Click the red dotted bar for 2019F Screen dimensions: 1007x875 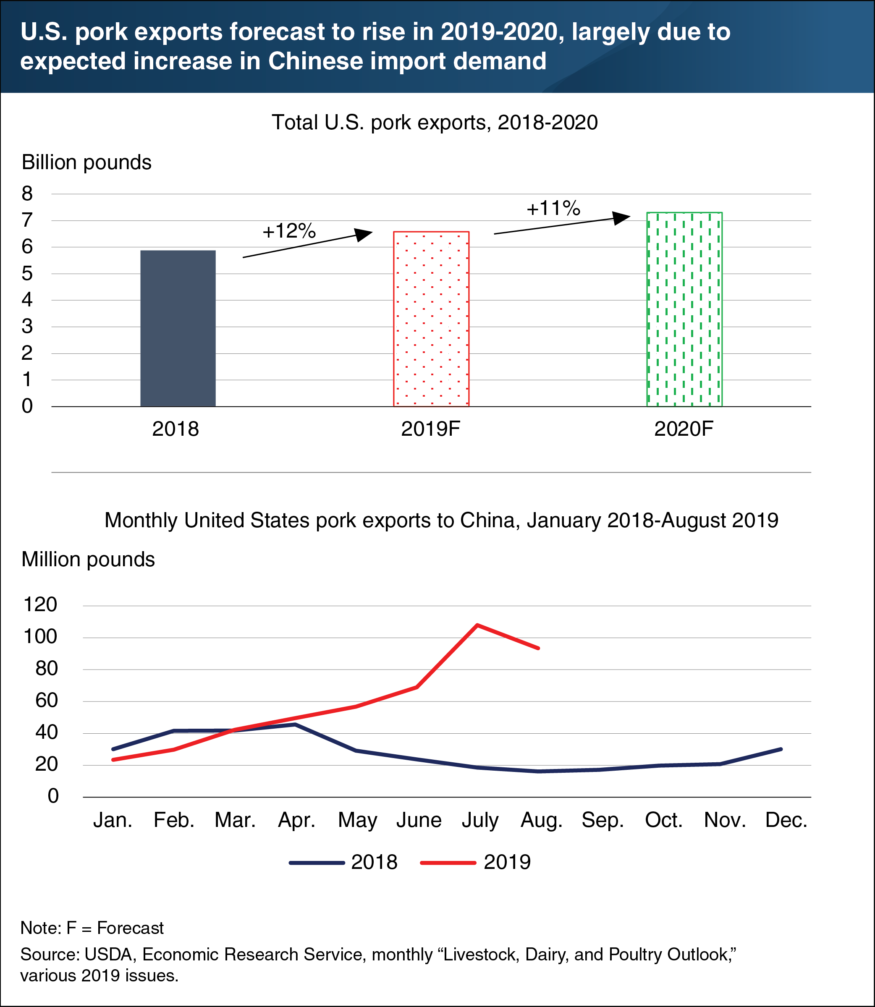[x=431, y=319]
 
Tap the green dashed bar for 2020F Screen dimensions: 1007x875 [x=684, y=309]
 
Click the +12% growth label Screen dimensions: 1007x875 [x=289, y=231]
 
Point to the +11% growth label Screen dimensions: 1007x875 [x=553, y=209]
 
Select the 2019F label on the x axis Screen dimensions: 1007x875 [x=431, y=429]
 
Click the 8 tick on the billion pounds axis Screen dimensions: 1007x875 [x=27, y=194]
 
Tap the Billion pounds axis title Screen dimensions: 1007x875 [x=86, y=162]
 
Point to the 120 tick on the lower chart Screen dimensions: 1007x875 [x=41, y=605]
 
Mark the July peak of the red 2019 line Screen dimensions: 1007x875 [x=477, y=625]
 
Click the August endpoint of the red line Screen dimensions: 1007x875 [x=538, y=648]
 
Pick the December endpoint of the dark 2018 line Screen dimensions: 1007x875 [x=781, y=749]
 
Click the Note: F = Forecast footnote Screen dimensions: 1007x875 [x=92, y=927]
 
